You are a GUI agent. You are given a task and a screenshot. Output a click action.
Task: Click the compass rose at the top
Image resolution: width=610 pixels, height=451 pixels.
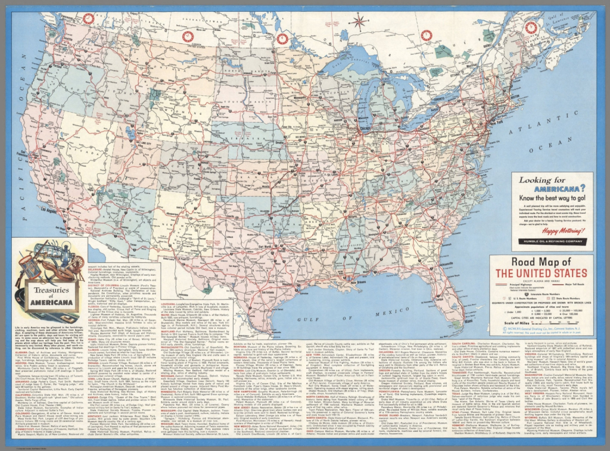coord(359,23)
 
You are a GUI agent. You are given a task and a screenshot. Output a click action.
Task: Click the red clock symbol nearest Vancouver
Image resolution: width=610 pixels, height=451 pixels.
coord(88,18)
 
